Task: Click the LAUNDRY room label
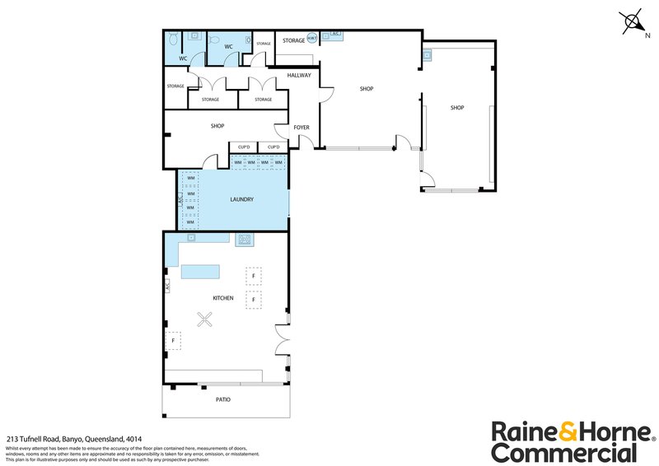pos(241,199)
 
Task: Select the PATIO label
pos(222,399)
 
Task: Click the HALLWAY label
pos(299,76)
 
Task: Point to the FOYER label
pos(301,128)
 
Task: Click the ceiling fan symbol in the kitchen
pos(203,321)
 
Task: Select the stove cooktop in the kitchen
pos(245,240)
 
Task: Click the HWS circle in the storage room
pos(312,38)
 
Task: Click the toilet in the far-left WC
pos(173,40)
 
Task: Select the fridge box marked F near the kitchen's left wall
pos(174,339)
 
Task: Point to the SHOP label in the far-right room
pos(457,108)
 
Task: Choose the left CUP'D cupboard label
pos(243,147)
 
